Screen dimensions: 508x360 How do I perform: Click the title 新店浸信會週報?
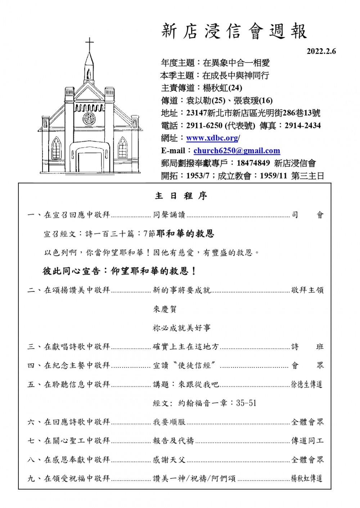pyautogui.click(x=234, y=31)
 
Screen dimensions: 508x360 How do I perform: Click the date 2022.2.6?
pyautogui.click(x=321, y=51)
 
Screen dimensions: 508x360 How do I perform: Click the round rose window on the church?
pyautogui.click(x=89, y=118)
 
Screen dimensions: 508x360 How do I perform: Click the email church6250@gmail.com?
pyautogui.click(x=237, y=151)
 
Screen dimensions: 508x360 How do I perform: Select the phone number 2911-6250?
pyautogui.click(x=204, y=126)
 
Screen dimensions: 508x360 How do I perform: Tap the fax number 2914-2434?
pyautogui.click(x=302, y=126)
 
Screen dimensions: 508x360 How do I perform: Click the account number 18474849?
pyautogui.click(x=253, y=163)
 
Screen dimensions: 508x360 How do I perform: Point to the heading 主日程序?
pyautogui.click(x=181, y=196)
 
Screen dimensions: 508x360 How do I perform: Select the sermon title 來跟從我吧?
pyautogui.click(x=199, y=384)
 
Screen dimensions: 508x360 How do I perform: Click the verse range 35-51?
pyautogui.click(x=246, y=403)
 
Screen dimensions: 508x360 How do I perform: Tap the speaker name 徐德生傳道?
pyautogui.click(x=307, y=384)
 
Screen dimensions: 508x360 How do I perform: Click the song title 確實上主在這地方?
pyautogui.click(x=186, y=347)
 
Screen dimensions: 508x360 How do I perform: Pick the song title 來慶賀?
pyautogui.click(x=165, y=309)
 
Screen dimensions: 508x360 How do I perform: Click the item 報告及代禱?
pyautogui.click(x=174, y=441)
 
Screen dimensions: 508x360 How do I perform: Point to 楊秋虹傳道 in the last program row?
pyautogui.click(x=307, y=478)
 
